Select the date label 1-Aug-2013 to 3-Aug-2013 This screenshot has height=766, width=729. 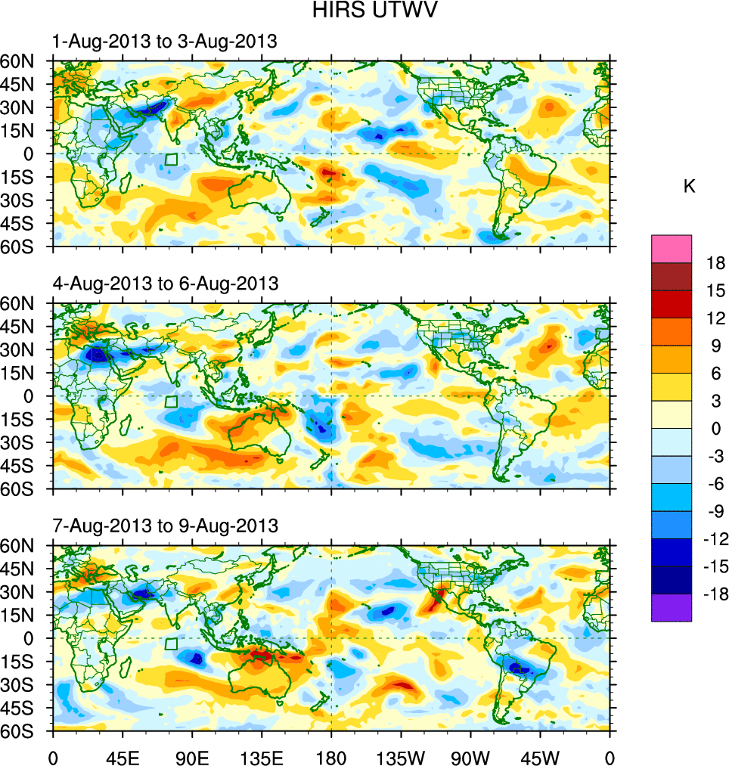tap(164, 42)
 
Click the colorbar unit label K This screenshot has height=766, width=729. tap(689, 187)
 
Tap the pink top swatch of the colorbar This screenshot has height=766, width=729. tap(671, 248)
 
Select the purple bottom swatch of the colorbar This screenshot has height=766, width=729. tap(671, 608)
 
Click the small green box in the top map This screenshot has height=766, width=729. tap(171, 160)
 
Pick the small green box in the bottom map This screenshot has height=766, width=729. tap(171, 644)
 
